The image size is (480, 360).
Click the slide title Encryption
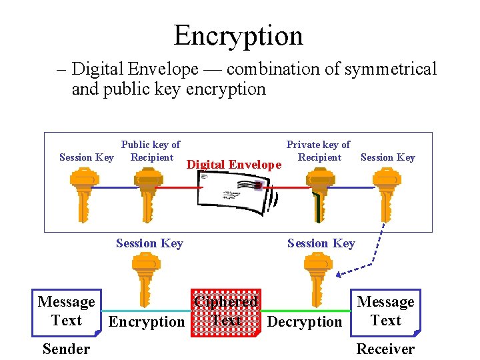coord(238,35)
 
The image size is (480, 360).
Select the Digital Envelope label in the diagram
coord(233,165)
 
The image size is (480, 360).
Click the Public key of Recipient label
coord(151,151)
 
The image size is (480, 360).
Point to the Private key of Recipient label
coord(318,151)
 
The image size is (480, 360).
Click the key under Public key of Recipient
coord(149,190)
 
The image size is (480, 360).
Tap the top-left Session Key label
coord(86,157)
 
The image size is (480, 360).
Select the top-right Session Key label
coord(387,157)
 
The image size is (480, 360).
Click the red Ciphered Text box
coord(225,312)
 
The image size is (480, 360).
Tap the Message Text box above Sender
coord(66,311)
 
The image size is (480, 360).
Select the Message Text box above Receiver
coord(386,311)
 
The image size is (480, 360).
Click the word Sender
coord(66,349)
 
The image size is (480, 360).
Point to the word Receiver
coord(385,349)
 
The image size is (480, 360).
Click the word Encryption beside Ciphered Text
coord(147,322)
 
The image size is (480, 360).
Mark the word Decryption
coord(305,322)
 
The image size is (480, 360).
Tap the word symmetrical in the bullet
coord(390,69)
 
